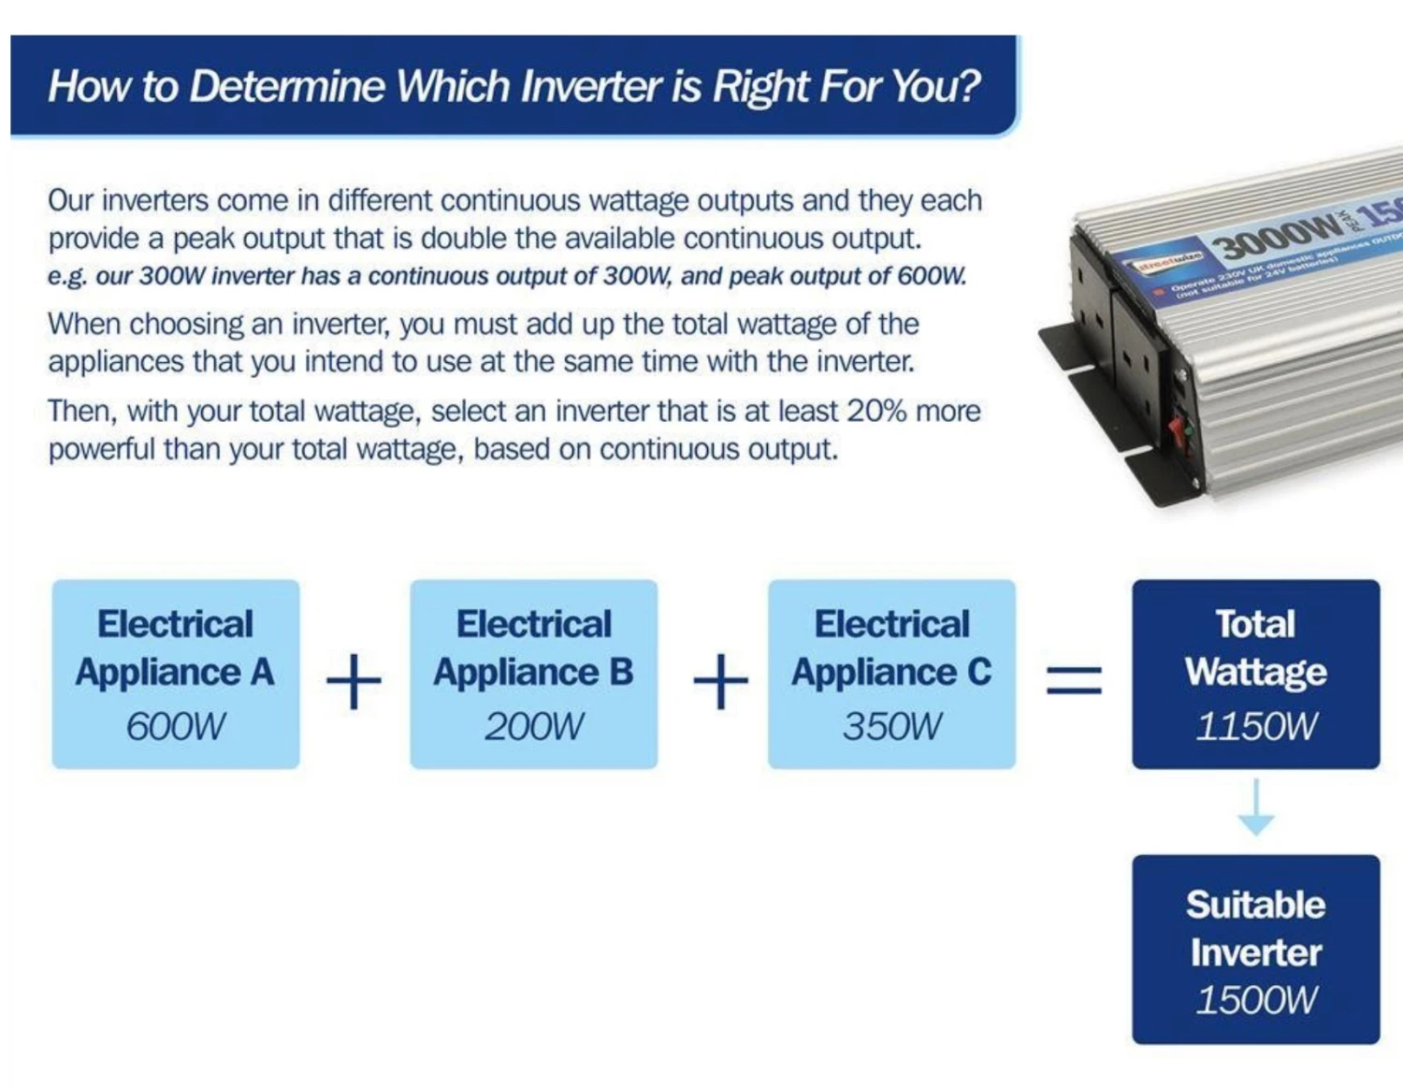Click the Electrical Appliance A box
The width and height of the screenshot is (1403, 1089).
click(x=176, y=674)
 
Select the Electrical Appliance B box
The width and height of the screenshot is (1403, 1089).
click(x=533, y=674)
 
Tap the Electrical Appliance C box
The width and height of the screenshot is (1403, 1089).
click(x=891, y=674)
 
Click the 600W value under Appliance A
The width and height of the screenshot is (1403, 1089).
click(x=176, y=727)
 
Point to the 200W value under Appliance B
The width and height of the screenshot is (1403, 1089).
click(x=533, y=727)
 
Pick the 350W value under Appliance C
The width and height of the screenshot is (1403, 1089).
click(x=892, y=727)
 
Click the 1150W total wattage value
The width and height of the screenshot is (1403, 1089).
click(x=1255, y=727)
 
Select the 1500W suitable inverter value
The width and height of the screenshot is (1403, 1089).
click(x=1255, y=1000)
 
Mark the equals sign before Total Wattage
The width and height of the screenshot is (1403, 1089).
click(x=1074, y=679)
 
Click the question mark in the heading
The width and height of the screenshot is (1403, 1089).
click(x=969, y=86)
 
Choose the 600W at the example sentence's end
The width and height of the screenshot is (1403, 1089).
click(x=931, y=277)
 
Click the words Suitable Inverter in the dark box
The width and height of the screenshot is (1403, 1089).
click(x=1255, y=928)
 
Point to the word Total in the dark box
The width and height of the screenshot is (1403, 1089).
click(x=1255, y=624)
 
